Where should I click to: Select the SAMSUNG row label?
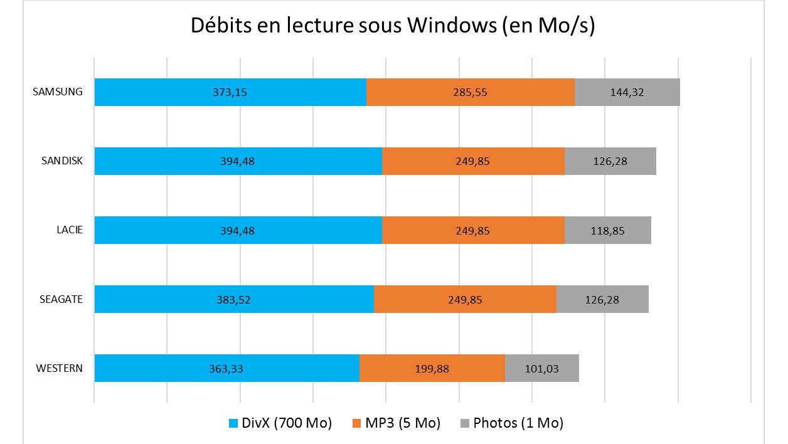click(58, 92)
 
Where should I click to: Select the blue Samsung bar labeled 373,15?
click(230, 92)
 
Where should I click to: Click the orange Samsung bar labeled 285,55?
click(470, 92)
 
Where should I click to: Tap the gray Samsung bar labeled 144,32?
click(627, 92)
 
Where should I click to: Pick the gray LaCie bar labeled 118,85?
click(607, 230)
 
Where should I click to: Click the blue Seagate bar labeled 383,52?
click(234, 299)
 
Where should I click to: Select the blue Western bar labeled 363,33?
click(226, 368)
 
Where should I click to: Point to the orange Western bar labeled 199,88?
click(432, 368)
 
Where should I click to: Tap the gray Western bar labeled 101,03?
click(541, 368)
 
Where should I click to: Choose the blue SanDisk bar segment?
click(238, 161)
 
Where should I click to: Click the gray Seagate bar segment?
click(602, 299)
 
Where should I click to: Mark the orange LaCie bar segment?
click(472, 230)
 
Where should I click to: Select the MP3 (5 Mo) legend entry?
click(396, 423)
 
